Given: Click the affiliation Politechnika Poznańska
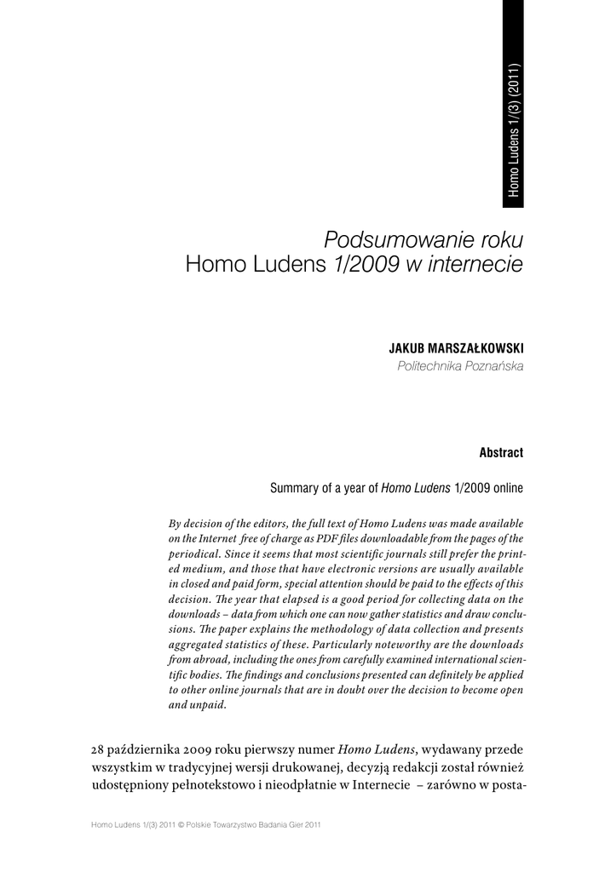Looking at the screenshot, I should tap(460, 366).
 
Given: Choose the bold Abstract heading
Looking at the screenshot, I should tap(501, 453).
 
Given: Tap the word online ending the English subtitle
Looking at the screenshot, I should tap(505, 489).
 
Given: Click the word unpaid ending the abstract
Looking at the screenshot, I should tap(209, 705).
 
